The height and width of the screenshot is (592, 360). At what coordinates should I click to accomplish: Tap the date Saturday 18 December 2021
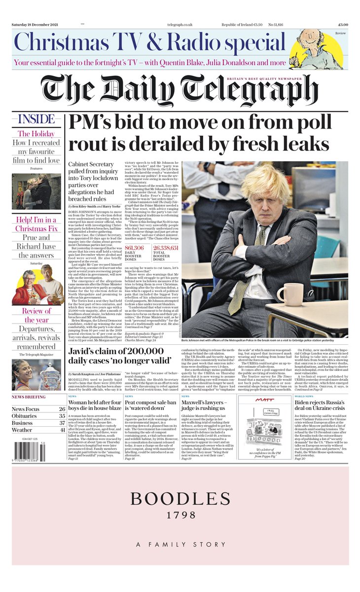(36, 24)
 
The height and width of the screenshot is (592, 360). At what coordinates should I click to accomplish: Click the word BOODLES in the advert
(180, 498)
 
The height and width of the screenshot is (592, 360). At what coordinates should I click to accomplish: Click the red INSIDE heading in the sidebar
(36, 119)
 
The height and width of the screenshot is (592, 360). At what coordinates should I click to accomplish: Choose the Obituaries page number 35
(62, 416)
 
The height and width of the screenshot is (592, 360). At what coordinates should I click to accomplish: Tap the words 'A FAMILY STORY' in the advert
(180, 544)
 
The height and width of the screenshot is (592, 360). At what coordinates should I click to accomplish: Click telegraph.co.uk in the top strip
(181, 24)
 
